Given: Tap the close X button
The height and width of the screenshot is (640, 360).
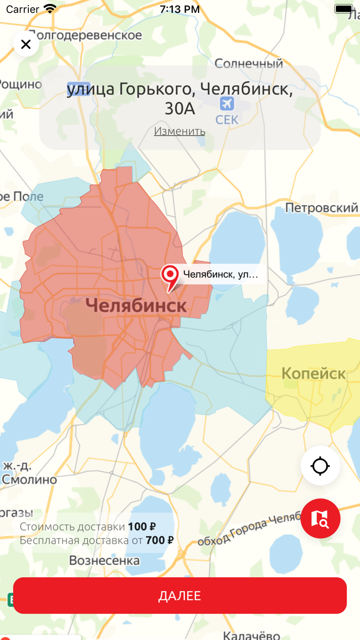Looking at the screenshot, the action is [x=26, y=44].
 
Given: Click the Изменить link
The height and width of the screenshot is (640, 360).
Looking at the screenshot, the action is [x=179, y=131].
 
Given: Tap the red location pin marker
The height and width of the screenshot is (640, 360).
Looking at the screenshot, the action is [x=170, y=275].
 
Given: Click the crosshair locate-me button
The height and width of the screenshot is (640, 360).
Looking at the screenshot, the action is [x=320, y=466].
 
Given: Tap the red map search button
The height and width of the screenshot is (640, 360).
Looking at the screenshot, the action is [x=320, y=519].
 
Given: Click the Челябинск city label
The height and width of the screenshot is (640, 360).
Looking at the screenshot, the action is [x=136, y=305].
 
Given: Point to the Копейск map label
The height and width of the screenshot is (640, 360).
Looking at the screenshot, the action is [x=314, y=374].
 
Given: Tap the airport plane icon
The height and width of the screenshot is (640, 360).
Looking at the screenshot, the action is [x=226, y=104].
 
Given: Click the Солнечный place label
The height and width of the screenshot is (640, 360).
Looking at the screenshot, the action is [x=249, y=64].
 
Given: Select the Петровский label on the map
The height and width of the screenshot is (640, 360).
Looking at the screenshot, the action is [x=321, y=208].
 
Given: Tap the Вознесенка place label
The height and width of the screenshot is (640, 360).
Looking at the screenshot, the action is [x=104, y=560].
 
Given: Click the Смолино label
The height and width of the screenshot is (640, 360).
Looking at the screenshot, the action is [x=29, y=479].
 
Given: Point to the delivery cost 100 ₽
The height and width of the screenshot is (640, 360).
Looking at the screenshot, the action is [x=142, y=527].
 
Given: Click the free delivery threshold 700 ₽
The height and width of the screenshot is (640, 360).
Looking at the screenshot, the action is [x=159, y=540].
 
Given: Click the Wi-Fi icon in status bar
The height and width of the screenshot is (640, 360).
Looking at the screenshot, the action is [x=50, y=9].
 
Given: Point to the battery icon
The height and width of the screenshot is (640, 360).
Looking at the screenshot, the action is [x=343, y=9].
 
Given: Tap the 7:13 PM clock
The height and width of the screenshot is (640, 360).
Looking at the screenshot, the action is [x=179, y=9].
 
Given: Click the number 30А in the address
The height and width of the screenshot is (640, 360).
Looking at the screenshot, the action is [x=179, y=109].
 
